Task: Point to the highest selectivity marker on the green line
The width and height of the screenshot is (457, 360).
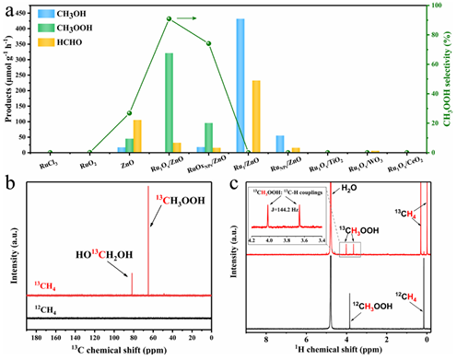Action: pyautogui.click(x=169, y=18)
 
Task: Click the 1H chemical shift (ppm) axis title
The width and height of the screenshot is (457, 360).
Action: pyautogui.click(x=334, y=351)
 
